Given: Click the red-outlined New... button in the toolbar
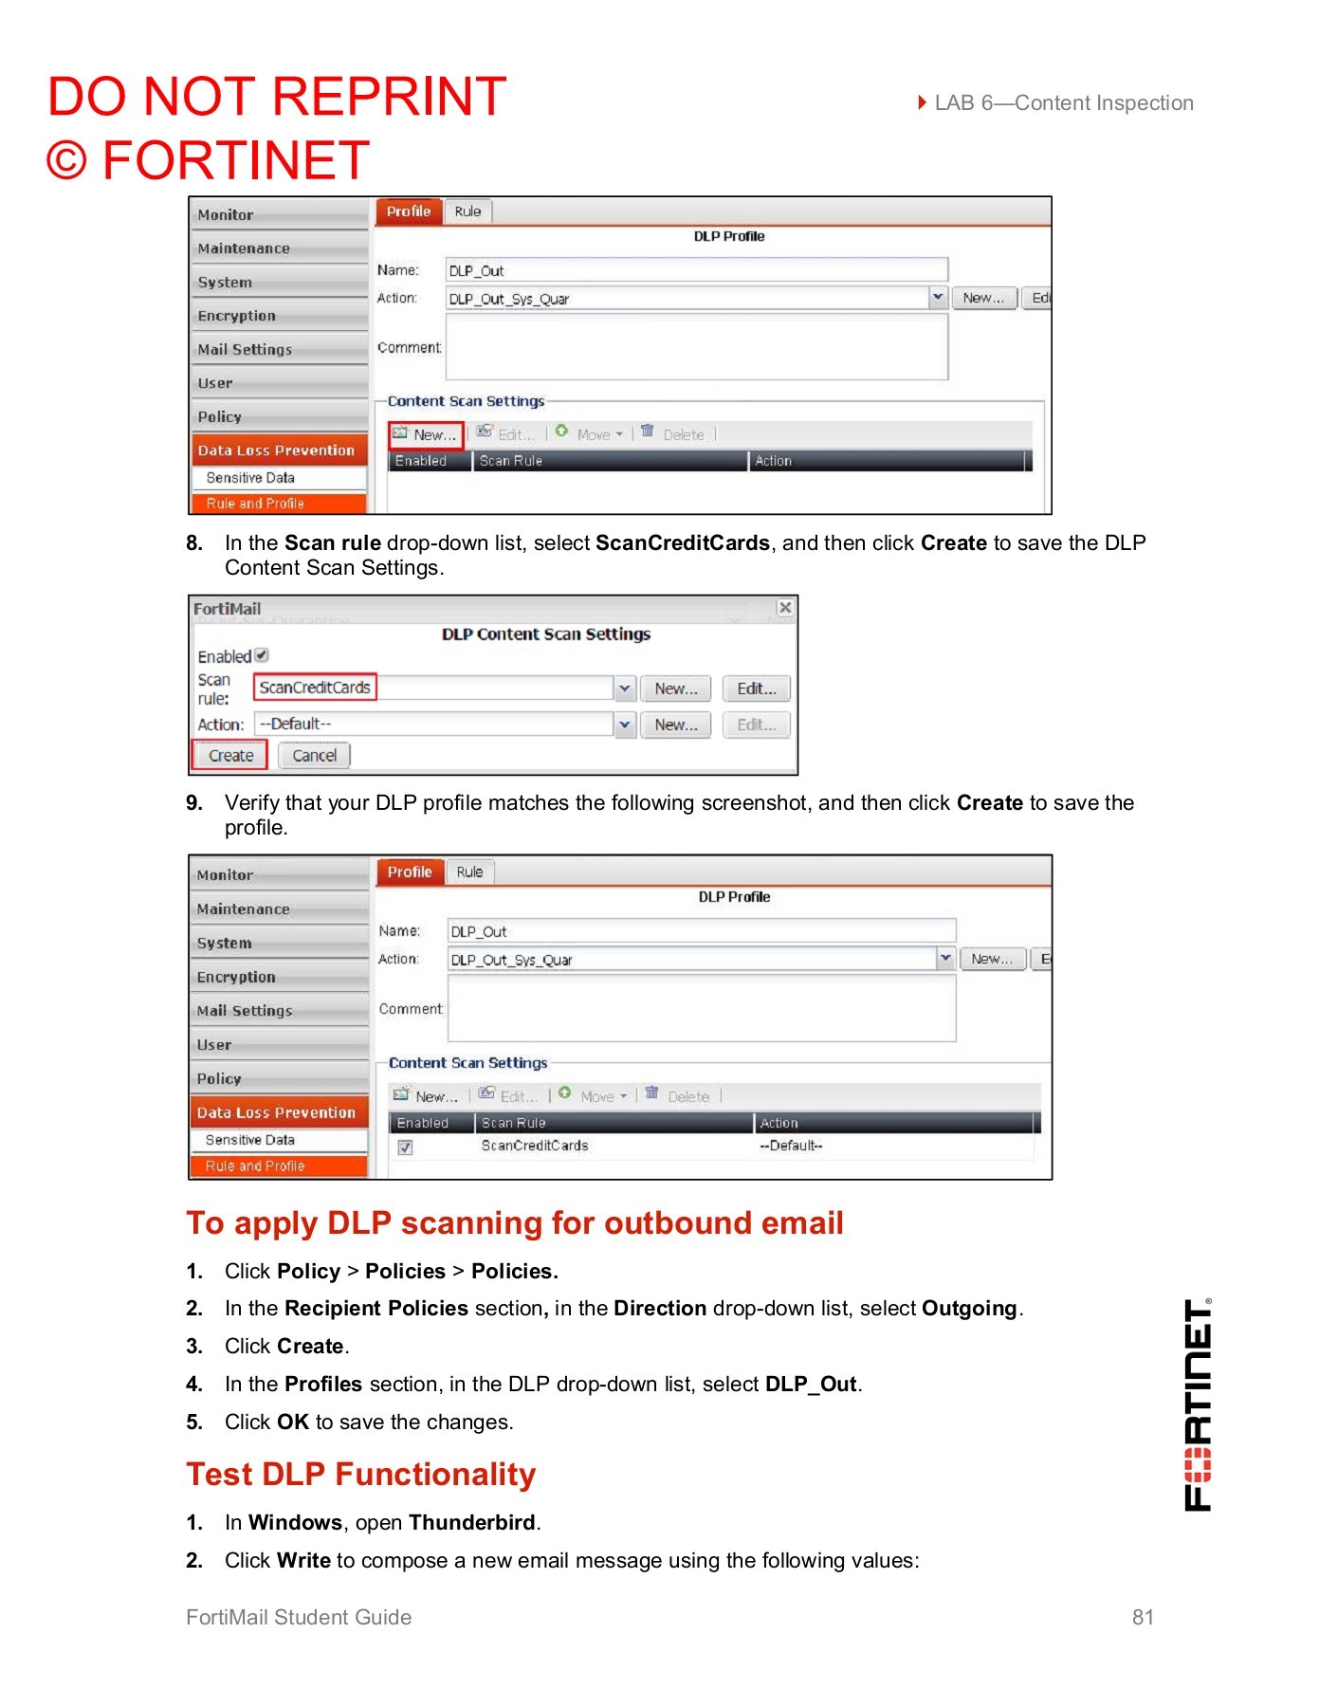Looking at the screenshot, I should [x=426, y=435].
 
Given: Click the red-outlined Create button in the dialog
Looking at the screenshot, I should [x=230, y=756].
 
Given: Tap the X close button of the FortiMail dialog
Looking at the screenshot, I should [x=785, y=608].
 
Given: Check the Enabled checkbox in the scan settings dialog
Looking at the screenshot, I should [x=262, y=655].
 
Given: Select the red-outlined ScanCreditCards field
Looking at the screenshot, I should [x=315, y=688].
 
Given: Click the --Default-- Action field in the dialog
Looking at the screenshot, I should [x=433, y=725].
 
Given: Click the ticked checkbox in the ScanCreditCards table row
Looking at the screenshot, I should [x=405, y=1147].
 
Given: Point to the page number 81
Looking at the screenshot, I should [x=1143, y=1618].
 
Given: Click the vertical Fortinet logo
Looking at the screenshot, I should [x=1198, y=1404].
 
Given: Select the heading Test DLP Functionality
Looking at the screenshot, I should [x=361, y=1475].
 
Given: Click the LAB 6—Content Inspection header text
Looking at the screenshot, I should [x=1064, y=103].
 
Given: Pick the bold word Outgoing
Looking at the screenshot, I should [x=969, y=1309].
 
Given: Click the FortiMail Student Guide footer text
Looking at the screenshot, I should [x=299, y=1618].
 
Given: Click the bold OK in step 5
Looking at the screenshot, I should [x=293, y=1422].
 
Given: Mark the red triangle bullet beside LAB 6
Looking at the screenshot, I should [x=923, y=102].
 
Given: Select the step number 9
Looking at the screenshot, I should [x=194, y=803].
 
